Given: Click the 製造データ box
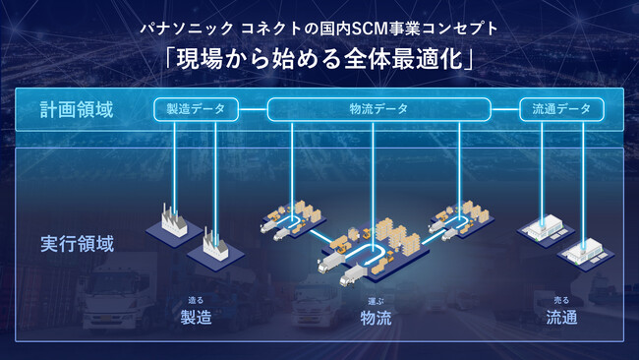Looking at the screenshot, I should pos(197,110).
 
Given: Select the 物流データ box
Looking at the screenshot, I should pos(378,110).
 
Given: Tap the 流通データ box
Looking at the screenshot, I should pos(561,110).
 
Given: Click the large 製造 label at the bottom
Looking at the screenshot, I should pos(196,317).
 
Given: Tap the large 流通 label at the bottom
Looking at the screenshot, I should pos(561,317).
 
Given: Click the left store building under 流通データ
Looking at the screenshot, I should pos(544,229).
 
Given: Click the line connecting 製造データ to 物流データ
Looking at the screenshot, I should pos(254,110).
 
